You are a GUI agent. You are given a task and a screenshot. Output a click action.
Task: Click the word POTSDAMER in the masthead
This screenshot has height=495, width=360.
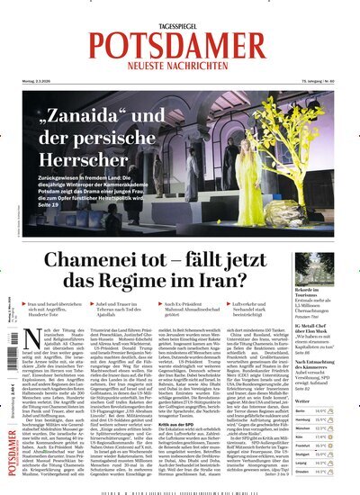click(x=179, y=45)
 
